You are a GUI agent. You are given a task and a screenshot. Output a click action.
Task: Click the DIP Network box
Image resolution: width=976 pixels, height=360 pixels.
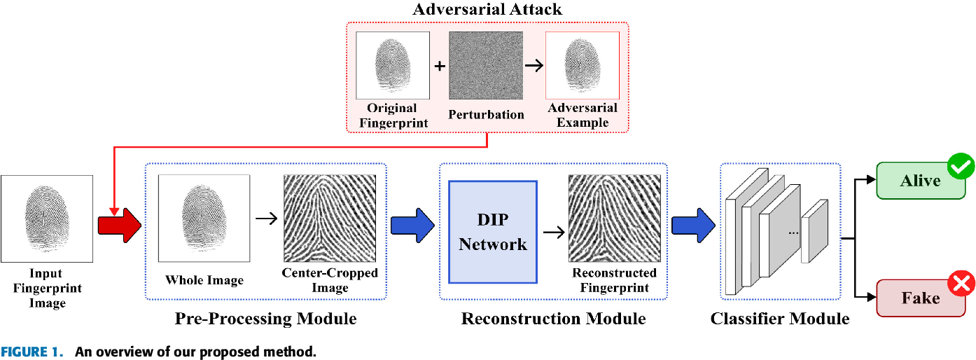click(x=493, y=232)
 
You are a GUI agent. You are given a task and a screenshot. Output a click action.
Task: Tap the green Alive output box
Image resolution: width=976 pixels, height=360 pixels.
click(x=919, y=181)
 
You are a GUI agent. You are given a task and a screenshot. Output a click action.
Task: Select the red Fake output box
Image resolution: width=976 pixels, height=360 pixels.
click(x=919, y=298)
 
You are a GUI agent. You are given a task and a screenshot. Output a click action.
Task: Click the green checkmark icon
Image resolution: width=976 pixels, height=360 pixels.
click(x=961, y=167)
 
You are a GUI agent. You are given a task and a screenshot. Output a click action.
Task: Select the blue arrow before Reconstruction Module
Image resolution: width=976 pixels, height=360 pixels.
click(x=412, y=224)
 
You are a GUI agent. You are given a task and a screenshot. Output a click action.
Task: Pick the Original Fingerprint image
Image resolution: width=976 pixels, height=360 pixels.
click(x=393, y=65)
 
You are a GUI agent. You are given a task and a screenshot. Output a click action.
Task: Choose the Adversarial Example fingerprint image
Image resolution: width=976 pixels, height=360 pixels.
click(x=583, y=65)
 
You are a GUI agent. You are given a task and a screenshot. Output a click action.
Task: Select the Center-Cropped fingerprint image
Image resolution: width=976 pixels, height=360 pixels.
click(x=330, y=218)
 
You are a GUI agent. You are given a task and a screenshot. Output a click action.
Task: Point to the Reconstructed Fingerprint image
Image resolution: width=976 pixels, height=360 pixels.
click(x=614, y=218)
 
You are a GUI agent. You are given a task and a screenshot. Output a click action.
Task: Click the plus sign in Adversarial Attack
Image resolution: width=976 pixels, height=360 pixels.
click(x=440, y=67)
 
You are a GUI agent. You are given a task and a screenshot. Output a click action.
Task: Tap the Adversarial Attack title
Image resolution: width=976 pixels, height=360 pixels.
click(x=487, y=10)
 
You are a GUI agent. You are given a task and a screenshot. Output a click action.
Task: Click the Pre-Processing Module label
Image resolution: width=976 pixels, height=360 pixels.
click(x=265, y=319)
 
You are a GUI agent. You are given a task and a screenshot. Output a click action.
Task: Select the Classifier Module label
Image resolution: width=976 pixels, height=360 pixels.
click(x=780, y=319)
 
